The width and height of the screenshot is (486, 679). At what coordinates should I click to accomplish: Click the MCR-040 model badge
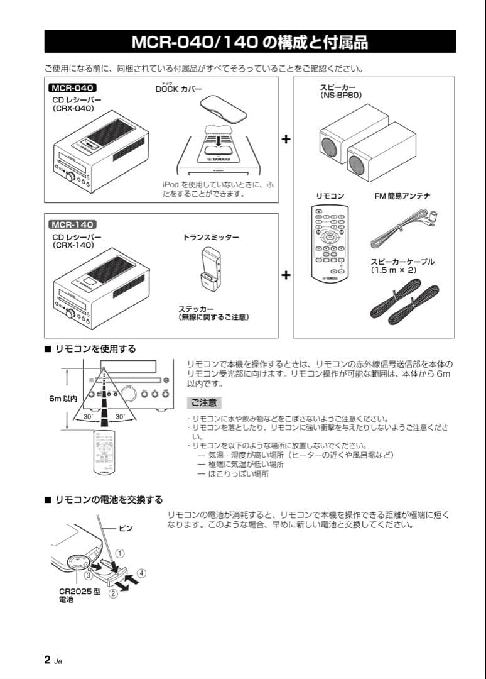[72, 88]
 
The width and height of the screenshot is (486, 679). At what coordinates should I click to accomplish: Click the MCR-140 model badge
[72, 224]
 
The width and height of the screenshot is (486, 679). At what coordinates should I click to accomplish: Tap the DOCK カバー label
[179, 89]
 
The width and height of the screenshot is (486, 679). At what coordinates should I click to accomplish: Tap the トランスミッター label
[211, 238]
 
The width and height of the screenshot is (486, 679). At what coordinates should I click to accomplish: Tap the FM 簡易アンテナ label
[402, 196]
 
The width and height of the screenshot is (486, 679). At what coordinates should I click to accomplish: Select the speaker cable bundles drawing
[405, 301]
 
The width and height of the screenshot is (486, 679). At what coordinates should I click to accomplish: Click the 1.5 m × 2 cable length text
[393, 270]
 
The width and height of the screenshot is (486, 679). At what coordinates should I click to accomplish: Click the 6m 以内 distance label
[62, 399]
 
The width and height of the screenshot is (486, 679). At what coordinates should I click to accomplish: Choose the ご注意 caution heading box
[204, 402]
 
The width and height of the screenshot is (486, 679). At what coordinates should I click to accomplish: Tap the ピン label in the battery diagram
[126, 529]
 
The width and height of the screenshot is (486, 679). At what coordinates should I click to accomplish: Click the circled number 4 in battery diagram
[142, 573]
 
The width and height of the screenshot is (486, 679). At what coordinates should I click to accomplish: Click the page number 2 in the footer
[47, 660]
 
